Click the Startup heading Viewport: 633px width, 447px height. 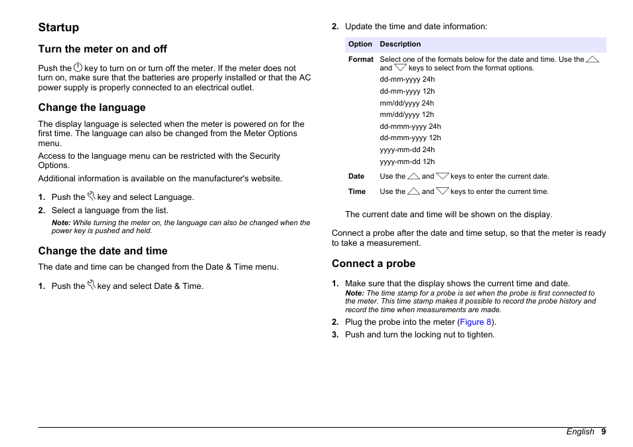pos(58,27)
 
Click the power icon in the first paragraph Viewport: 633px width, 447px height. pos(78,67)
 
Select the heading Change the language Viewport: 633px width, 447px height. pos(92,108)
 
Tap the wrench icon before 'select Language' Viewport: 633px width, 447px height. pos(92,197)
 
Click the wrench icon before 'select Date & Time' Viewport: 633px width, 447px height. pos(92,286)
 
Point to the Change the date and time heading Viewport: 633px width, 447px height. pos(103,251)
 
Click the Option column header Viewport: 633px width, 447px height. pos(360,45)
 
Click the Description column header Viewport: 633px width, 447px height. pos(400,45)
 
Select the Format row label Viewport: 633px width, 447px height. pos(361,59)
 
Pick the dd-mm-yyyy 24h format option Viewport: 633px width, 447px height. pos(407,80)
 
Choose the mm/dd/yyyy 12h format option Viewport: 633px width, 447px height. pos(407,114)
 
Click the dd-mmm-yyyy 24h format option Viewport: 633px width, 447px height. pos(410,126)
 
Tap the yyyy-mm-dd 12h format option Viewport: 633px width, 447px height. pos(407,161)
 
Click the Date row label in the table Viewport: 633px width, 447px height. pos(356,177)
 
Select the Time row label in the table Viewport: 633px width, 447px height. pos(357,191)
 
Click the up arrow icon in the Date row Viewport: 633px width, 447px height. pos(413,176)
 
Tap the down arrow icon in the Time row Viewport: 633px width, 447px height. pos(443,191)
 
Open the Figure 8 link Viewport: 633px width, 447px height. pos(476,322)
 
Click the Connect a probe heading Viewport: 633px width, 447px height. pos(374,264)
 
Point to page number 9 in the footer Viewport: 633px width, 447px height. pos(604,432)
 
